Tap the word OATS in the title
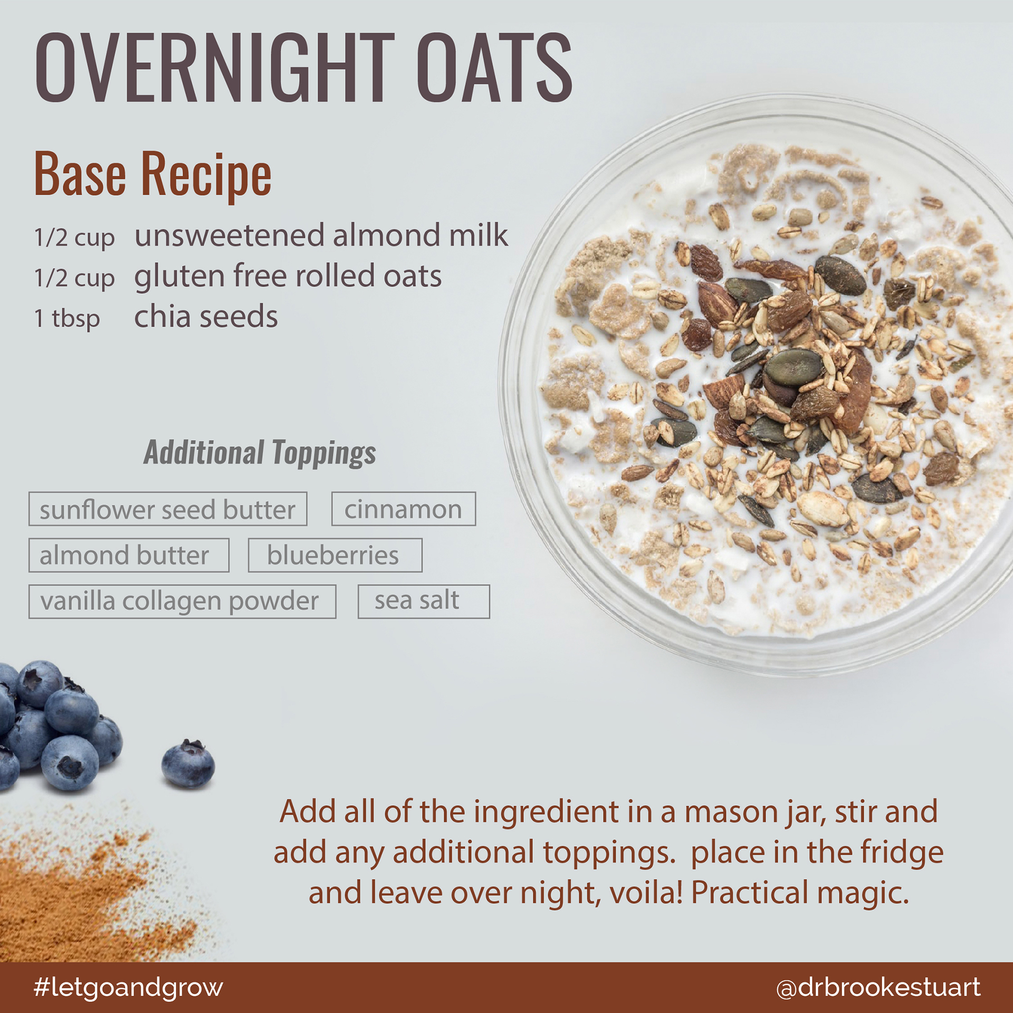tap(494, 67)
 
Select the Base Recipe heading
tap(153, 174)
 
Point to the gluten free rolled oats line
tap(288, 275)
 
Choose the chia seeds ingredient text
tap(206, 316)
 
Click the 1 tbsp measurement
tap(67, 318)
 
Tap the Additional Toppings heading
tap(260, 453)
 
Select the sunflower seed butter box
tap(168, 509)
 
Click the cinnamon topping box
tap(404, 509)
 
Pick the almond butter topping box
tap(129, 555)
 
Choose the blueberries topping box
tap(335, 555)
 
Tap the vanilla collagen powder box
tap(182, 601)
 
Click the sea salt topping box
tap(424, 601)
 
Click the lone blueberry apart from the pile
tap(188, 764)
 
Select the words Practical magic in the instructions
tap(800, 893)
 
